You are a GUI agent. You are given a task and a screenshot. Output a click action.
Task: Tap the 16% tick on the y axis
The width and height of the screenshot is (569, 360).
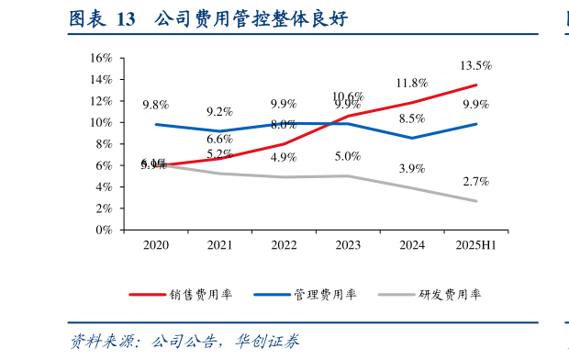click(100, 58)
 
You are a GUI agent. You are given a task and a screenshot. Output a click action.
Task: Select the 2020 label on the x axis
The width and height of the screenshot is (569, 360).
click(155, 246)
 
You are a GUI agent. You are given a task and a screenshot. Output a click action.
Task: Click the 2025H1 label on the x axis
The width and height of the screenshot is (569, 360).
click(476, 246)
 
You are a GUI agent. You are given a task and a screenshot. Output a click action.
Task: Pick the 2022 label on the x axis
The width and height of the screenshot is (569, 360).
click(284, 246)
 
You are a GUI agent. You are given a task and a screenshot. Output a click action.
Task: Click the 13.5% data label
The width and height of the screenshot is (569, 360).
click(476, 65)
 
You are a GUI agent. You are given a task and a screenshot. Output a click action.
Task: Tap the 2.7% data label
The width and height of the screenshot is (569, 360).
click(476, 181)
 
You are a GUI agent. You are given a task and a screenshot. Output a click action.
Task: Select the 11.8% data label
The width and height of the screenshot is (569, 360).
click(412, 84)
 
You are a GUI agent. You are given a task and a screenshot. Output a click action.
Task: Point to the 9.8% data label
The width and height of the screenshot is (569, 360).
click(155, 105)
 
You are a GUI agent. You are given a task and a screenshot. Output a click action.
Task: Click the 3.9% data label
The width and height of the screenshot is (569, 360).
click(412, 168)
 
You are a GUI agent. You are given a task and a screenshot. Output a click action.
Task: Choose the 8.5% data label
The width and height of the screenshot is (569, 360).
click(412, 118)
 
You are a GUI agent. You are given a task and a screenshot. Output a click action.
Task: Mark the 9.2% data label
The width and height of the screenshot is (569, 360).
click(219, 111)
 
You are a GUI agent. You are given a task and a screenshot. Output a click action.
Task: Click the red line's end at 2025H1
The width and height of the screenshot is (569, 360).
click(476, 84)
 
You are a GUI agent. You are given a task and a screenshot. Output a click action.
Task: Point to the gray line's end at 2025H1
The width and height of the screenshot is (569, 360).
click(476, 201)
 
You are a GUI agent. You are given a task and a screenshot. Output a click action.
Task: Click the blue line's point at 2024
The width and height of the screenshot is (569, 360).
click(412, 138)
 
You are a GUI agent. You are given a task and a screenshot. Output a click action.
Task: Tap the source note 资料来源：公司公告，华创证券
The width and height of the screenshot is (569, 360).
click(184, 342)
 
